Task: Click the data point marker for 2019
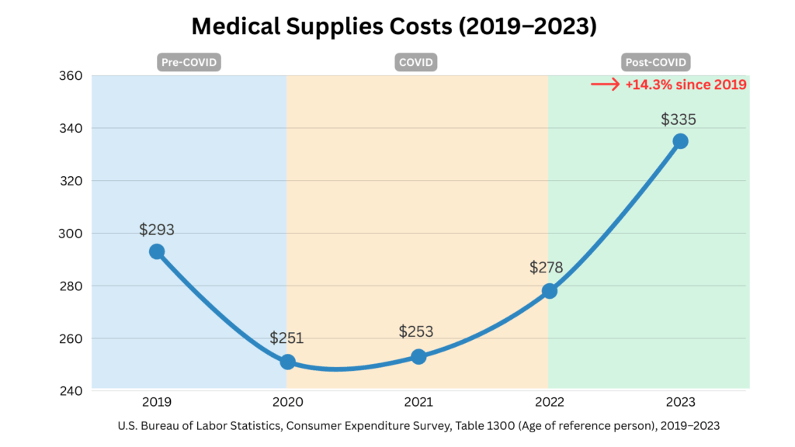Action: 157,251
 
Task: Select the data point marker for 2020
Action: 287,362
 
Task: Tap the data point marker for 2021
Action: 418,357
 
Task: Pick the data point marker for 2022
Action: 550,291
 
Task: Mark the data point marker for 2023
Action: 680,140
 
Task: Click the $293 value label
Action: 157,230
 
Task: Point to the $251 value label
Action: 287,338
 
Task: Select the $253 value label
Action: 416,332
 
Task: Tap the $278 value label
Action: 547,268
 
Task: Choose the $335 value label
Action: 679,120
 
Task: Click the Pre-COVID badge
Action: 189,62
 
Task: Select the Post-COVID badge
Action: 657,62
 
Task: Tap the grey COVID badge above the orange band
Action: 418,62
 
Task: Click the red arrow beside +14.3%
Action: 604,85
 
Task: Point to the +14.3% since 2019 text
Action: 686,85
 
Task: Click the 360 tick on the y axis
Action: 71,75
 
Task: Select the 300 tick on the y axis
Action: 71,233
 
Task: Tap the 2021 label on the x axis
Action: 418,402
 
